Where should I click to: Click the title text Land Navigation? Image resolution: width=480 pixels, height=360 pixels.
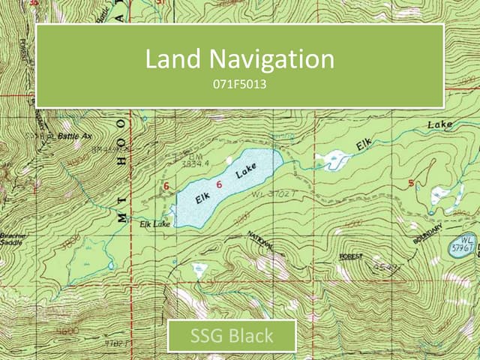coord(239,59)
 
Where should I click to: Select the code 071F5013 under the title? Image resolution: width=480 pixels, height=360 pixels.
coord(239,85)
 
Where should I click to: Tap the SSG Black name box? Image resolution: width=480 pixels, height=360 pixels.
coord(231,336)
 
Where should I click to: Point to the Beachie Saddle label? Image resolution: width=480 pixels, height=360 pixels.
coord(13,239)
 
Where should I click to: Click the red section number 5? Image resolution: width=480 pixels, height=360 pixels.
coord(411,183)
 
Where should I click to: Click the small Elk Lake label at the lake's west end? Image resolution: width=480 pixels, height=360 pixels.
coord(154,223)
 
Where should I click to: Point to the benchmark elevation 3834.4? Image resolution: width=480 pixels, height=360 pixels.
coord(193,160)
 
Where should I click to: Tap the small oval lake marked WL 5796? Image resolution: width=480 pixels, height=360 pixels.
coord(460,247)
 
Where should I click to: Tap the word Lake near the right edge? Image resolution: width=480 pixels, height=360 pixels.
coord(440,124)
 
